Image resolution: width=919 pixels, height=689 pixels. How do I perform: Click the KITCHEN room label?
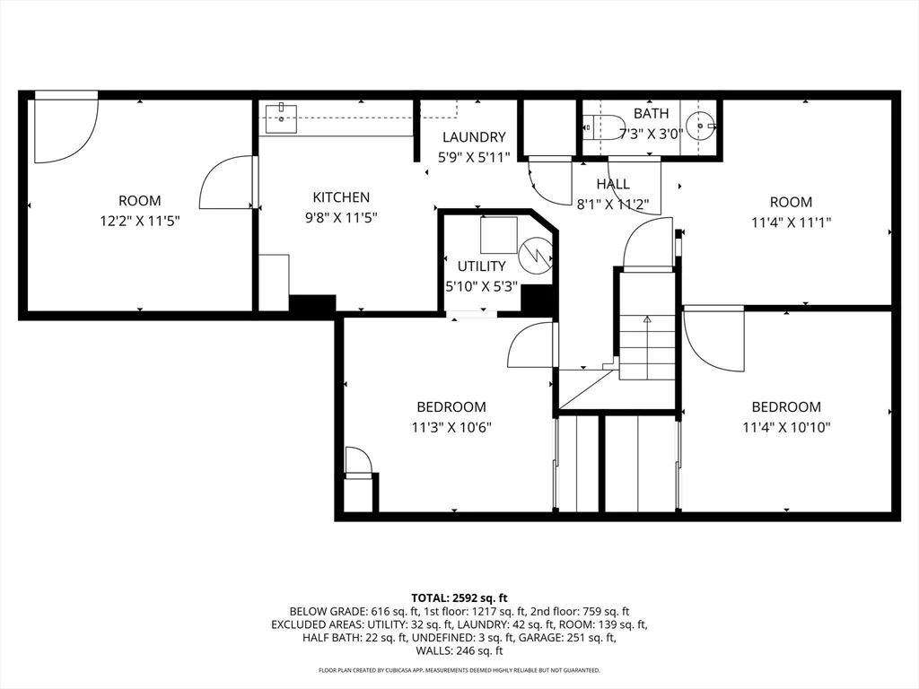341,197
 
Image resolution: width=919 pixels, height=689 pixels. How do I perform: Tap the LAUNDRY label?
474,137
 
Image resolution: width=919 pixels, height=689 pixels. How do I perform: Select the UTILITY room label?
481,266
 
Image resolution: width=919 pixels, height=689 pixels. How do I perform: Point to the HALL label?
613,184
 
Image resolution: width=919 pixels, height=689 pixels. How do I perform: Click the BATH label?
652,113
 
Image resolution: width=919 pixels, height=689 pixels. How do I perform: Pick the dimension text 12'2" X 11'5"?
139,221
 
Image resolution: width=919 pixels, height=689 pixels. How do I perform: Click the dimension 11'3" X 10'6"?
451,427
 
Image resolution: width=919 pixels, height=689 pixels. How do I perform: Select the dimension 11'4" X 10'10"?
786,427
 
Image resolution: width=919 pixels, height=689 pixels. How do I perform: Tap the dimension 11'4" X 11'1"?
792,222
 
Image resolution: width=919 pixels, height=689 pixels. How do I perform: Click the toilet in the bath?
604,126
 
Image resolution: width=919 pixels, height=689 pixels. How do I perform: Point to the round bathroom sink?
700,126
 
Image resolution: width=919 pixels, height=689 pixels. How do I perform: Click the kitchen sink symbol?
281,118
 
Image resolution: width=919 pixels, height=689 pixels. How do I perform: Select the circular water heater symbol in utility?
535,255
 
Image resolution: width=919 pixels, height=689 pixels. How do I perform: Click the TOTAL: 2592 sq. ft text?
459,598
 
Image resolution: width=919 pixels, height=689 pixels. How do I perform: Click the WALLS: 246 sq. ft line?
459,650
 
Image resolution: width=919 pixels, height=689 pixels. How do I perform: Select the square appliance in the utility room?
499,234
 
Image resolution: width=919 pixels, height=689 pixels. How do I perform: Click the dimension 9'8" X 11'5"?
341,218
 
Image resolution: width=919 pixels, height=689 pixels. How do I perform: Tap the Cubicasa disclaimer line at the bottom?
459,670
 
